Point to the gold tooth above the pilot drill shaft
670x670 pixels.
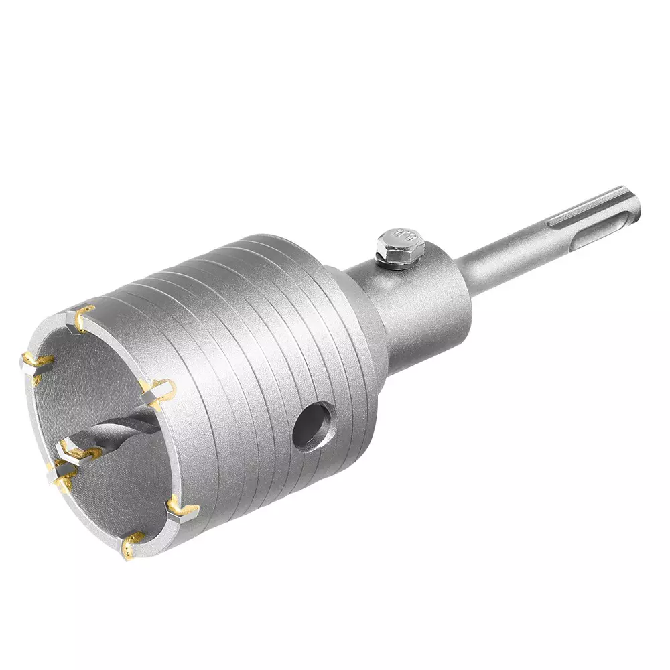(x=157, y=388)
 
